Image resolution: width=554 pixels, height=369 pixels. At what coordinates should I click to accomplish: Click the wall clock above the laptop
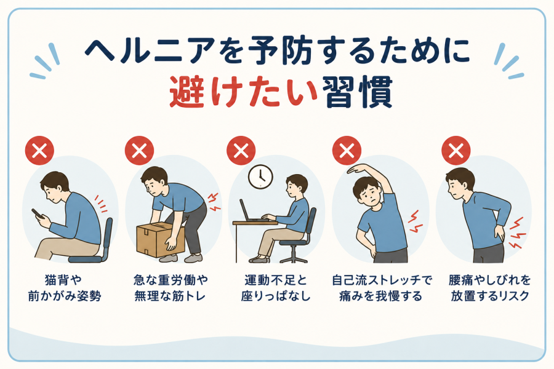pos(260,177)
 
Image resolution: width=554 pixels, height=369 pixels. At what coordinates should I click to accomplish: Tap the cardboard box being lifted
pos(159,240)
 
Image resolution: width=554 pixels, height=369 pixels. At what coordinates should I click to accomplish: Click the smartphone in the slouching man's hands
pos(37,214)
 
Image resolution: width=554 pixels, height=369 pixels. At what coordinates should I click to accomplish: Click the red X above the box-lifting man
pos(139,151)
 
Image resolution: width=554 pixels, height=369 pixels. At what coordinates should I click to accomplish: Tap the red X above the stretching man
pos(347,151)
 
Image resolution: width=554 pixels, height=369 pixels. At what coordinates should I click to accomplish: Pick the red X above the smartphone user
pos(39,151)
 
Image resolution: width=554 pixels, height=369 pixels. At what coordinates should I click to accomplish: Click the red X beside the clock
pos(241,151)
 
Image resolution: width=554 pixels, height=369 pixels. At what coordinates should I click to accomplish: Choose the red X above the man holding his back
pos(456,151)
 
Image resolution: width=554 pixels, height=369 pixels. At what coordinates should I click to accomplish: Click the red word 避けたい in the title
pos(243,92)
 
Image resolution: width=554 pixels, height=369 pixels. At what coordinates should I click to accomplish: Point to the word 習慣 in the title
pos(358,92)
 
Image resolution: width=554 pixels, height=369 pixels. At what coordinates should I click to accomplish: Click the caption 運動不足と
pos(276,280)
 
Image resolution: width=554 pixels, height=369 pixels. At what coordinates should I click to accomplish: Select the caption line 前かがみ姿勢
pos(65,296)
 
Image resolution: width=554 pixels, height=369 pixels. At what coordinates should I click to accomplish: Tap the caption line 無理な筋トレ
pos(170,296)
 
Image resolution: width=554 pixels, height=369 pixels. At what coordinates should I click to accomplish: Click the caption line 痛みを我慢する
pos(381,296)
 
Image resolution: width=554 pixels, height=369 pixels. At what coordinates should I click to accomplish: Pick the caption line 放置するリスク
pos(490,296)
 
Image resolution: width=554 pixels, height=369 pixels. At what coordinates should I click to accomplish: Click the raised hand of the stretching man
pos(356,169)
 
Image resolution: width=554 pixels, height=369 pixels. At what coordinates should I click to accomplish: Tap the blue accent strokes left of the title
pos(46,61)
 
